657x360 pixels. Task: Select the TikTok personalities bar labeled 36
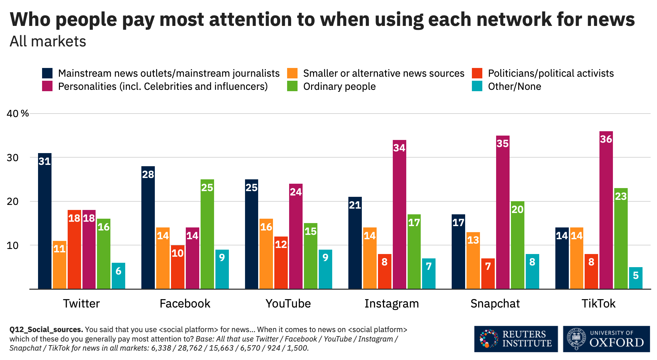click(x=606, y=210)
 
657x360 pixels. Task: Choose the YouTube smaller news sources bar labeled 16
click(x=266, y=254)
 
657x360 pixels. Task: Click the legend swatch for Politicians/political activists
click(x=477, y=73)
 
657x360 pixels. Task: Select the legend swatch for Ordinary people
click(x=292, y=86)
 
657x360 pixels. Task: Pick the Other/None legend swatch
click(x=477, y=86)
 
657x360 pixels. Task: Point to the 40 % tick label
click(x=18, y=113)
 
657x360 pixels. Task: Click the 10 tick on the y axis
click(x=12, y=245)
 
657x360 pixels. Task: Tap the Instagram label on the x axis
click(x=391, y=303)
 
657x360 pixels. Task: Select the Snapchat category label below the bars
click(x=495, y=303)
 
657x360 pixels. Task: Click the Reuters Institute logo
click(x=516, y=339)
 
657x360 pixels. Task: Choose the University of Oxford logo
click(x=606, y=339)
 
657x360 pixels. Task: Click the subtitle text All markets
click(x=48, y=41)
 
